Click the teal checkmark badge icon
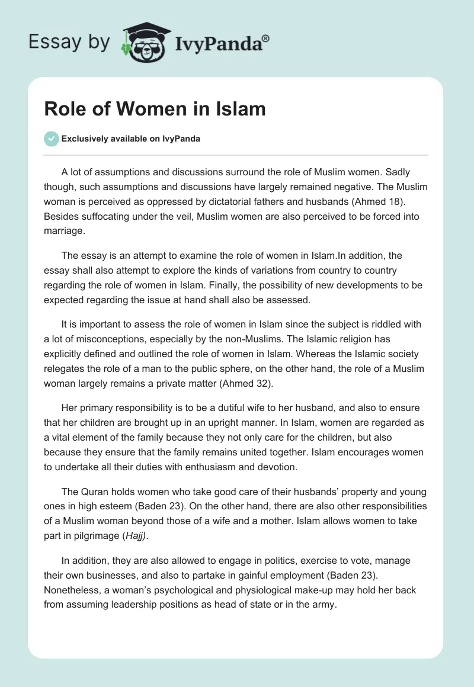[x=51, y=139]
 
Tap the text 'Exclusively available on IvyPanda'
[x=130, y=139]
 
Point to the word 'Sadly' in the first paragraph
[x=397, y=172]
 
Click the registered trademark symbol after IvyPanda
[x=265, y=37]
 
